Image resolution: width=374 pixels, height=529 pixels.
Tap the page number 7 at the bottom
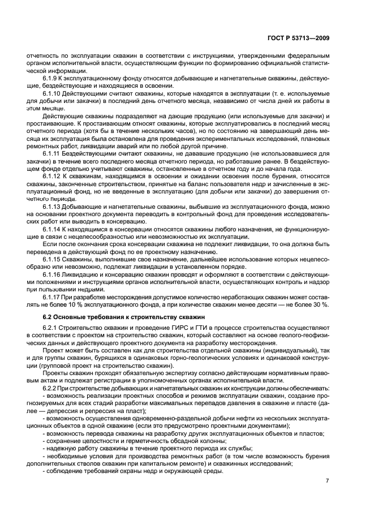click(x=327, y=481)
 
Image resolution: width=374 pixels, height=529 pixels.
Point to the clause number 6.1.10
click(x=53, y=92)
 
